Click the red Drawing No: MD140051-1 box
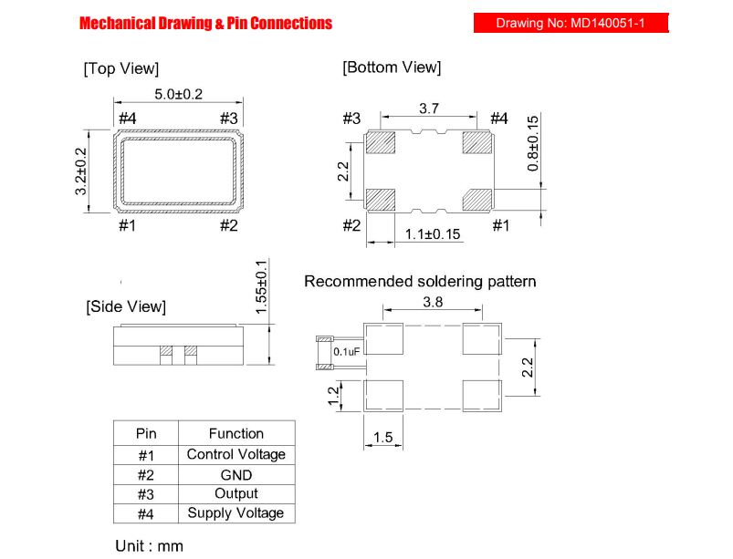point(571,23)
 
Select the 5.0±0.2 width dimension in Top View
point(179,94)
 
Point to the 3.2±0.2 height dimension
point(81,171)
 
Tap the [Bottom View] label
point(392,67)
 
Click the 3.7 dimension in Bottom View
point(429,109)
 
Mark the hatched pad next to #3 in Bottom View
point(381,142)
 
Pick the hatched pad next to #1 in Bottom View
point(477,200)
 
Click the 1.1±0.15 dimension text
point(433,234)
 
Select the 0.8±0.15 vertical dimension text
point(532,144)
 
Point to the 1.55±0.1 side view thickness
point(261,287)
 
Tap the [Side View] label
point(126,306)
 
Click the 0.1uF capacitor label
point(347,352)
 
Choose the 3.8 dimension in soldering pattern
point(433,302)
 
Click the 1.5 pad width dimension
point(382,438)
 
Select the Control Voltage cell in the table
point(236,454)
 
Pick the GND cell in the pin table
point(236,475)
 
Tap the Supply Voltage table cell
point(236,512)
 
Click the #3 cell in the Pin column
point(146,494)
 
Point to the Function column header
point(236,433)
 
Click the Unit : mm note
point(149,546)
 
